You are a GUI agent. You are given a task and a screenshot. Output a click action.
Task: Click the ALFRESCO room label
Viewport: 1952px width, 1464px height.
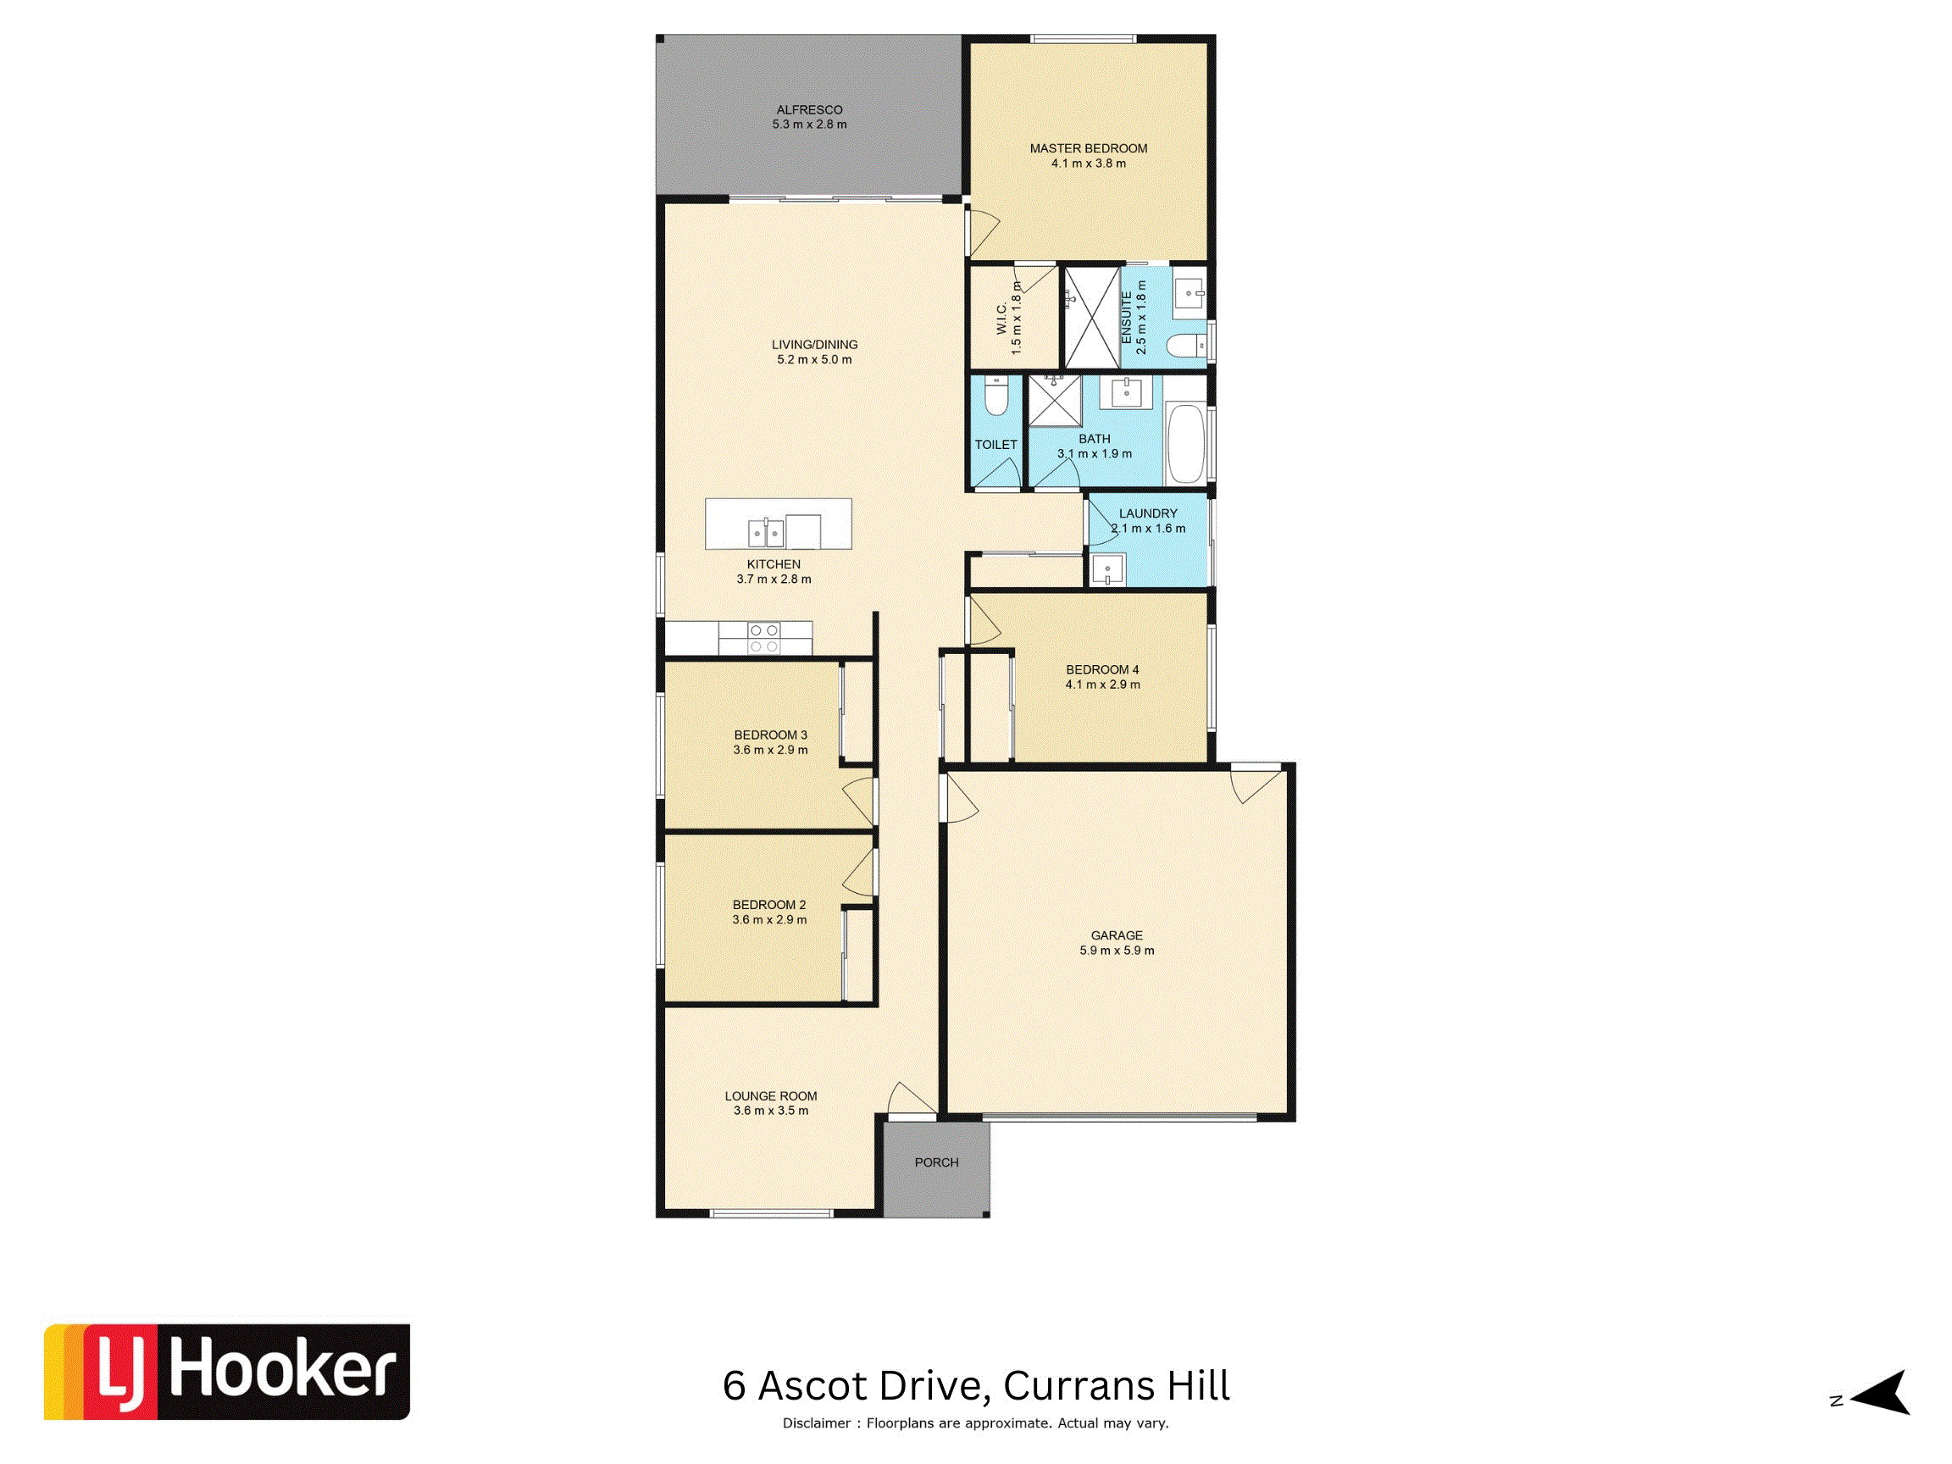pos(809,109)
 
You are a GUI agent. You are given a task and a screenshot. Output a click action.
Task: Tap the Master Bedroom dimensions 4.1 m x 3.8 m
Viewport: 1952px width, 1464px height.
pos(1088,164)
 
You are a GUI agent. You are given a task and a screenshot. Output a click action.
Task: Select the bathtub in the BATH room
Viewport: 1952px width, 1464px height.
pos(1185,444)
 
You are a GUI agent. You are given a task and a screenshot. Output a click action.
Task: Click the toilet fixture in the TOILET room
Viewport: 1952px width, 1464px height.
pos(996,396)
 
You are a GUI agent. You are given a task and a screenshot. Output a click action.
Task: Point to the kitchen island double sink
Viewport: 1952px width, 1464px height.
pos(765,533)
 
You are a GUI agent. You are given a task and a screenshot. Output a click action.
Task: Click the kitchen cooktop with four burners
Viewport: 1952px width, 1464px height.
pos(764,638)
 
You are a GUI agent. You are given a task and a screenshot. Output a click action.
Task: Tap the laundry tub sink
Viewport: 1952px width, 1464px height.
pos(1107,569)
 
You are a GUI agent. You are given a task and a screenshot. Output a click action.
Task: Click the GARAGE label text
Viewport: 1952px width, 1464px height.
pos(1117,935)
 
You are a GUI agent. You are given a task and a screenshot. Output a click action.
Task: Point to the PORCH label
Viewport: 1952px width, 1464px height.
pos(936,1162)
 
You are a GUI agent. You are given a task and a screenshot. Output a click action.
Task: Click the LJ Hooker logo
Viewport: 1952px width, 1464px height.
pos(227,1372)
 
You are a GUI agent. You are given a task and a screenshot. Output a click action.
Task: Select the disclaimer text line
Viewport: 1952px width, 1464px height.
pos(975,1423)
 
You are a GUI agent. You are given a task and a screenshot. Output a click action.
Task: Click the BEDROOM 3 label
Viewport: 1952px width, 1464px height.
pos(770,735)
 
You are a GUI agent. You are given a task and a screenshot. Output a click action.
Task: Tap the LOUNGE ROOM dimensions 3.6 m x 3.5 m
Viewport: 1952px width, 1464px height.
pos(770,1111)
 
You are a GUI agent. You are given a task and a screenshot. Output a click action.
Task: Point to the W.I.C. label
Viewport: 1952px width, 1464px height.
pos(1001,319)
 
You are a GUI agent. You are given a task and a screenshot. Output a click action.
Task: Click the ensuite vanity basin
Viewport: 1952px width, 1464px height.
pos(1189,292)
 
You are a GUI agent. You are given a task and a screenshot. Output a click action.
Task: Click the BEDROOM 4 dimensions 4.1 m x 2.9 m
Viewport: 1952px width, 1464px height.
pos(1102,685)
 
